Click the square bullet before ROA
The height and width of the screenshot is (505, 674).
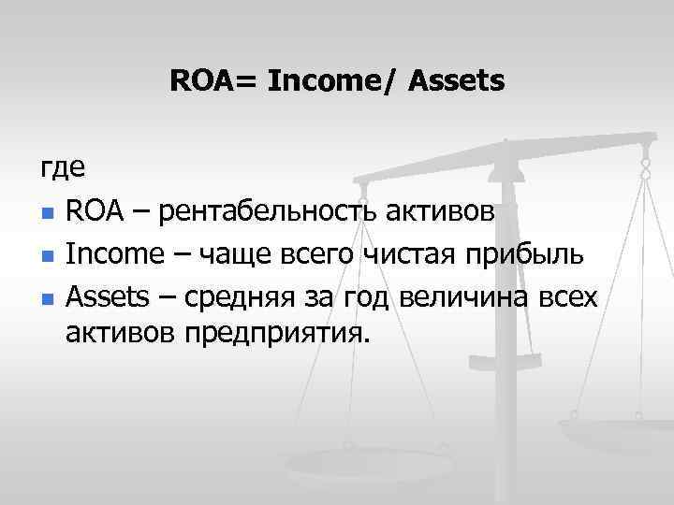click(46, 214)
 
